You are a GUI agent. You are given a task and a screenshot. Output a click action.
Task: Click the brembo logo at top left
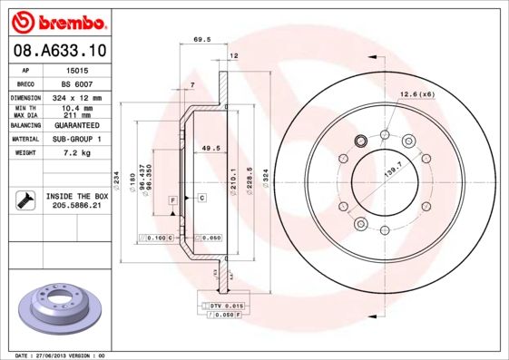point(57,20)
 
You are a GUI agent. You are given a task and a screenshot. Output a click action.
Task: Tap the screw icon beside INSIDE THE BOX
point(24,200)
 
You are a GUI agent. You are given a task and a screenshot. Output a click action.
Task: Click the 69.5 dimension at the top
point(202,40)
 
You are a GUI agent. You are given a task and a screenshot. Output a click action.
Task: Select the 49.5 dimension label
point(210,148)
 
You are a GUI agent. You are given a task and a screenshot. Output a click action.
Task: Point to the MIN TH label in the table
point(25,108)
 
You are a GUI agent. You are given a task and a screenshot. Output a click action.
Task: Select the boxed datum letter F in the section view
point(171,199)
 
